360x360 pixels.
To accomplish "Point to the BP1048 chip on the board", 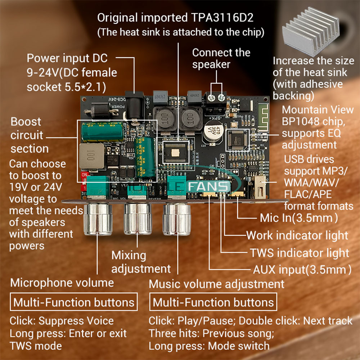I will [238, 140].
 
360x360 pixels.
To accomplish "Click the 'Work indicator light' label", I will [297, 235].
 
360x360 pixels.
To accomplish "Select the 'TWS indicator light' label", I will [300, 253].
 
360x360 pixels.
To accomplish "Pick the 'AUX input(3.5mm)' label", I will [302, 270].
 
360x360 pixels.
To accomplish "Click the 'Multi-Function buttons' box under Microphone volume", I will [74, 302].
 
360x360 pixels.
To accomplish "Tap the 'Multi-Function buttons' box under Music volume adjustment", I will [213, 302].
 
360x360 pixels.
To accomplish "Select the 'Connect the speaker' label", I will [221, 58].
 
